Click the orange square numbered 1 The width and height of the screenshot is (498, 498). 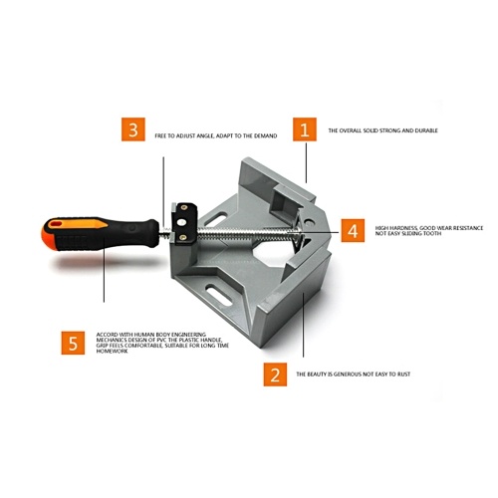point(305,129)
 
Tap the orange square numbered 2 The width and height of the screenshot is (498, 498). point(275,374)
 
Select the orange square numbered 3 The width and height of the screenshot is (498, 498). point(133,129)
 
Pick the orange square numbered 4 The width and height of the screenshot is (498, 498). point(353,230)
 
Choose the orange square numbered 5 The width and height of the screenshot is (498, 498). point(73,343)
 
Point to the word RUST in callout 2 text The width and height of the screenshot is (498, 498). point(403,374)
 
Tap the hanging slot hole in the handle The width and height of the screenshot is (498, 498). point(55,223)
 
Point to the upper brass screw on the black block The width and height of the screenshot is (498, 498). point(183,208)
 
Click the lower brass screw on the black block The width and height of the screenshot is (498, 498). point(182,237)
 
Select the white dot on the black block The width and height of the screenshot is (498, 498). point(181,222)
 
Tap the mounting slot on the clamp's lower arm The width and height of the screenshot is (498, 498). point(219,295)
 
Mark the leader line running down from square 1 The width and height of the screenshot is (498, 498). point(306,162)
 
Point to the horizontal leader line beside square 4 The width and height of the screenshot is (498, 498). point(301,231)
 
